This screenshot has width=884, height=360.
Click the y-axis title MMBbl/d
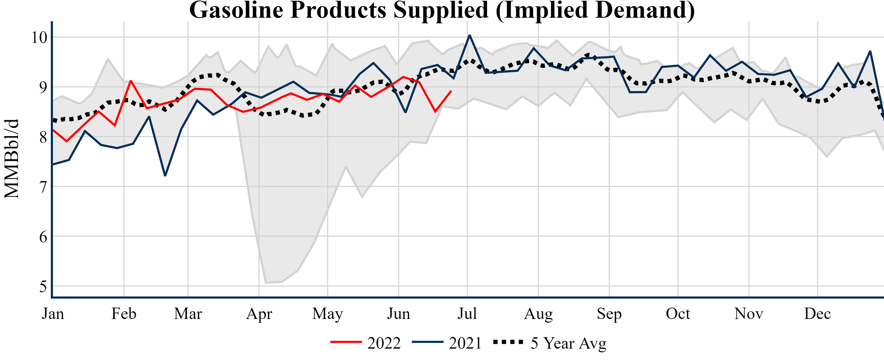click(x=12, y=159)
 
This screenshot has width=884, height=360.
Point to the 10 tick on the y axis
click(x=39, y=37)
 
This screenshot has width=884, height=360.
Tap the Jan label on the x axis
click(x=53, y=314)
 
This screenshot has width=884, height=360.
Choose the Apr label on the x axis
click(x=259, y=314)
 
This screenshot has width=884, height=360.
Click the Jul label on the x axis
click(x=467, y=314)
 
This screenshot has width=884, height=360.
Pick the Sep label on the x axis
click(x=609, y=314)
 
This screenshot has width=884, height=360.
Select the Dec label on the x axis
click(x=817, y=314)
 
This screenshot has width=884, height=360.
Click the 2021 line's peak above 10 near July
click(x=470, y=35)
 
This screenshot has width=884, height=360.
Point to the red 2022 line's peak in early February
click(x=131, y=81)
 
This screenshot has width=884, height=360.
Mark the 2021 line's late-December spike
click(x=870, y=51)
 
